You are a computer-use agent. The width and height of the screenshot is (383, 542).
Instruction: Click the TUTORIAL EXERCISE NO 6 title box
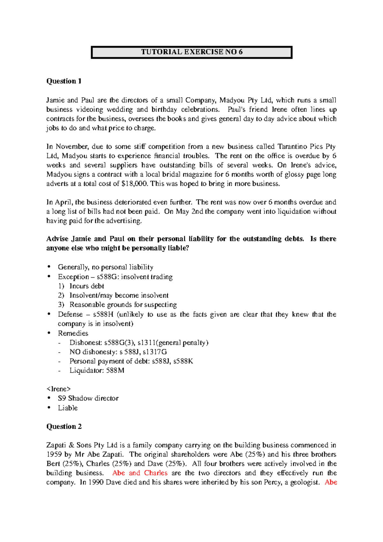coord(191,52)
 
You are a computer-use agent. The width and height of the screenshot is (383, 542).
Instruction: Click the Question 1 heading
coord(64,81)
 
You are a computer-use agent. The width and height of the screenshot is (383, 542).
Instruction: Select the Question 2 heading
coord(64,426)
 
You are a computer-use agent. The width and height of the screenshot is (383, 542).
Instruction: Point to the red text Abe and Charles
coord(140,473)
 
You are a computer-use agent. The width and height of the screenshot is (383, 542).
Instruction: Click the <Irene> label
coord(58,389)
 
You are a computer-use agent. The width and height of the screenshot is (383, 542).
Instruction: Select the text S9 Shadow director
coord(88,398)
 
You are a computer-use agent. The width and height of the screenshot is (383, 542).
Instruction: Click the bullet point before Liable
coord(49,408)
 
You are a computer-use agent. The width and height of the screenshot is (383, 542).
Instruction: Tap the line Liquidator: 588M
coord(97,371)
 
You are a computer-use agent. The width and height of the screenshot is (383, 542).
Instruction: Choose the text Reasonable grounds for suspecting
coord(123,305)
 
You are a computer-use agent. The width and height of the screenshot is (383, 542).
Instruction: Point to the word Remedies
coord(73,334)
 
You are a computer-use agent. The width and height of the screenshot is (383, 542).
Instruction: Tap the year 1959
coord(53,455)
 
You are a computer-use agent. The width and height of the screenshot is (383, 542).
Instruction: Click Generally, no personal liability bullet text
coord(105,267)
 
